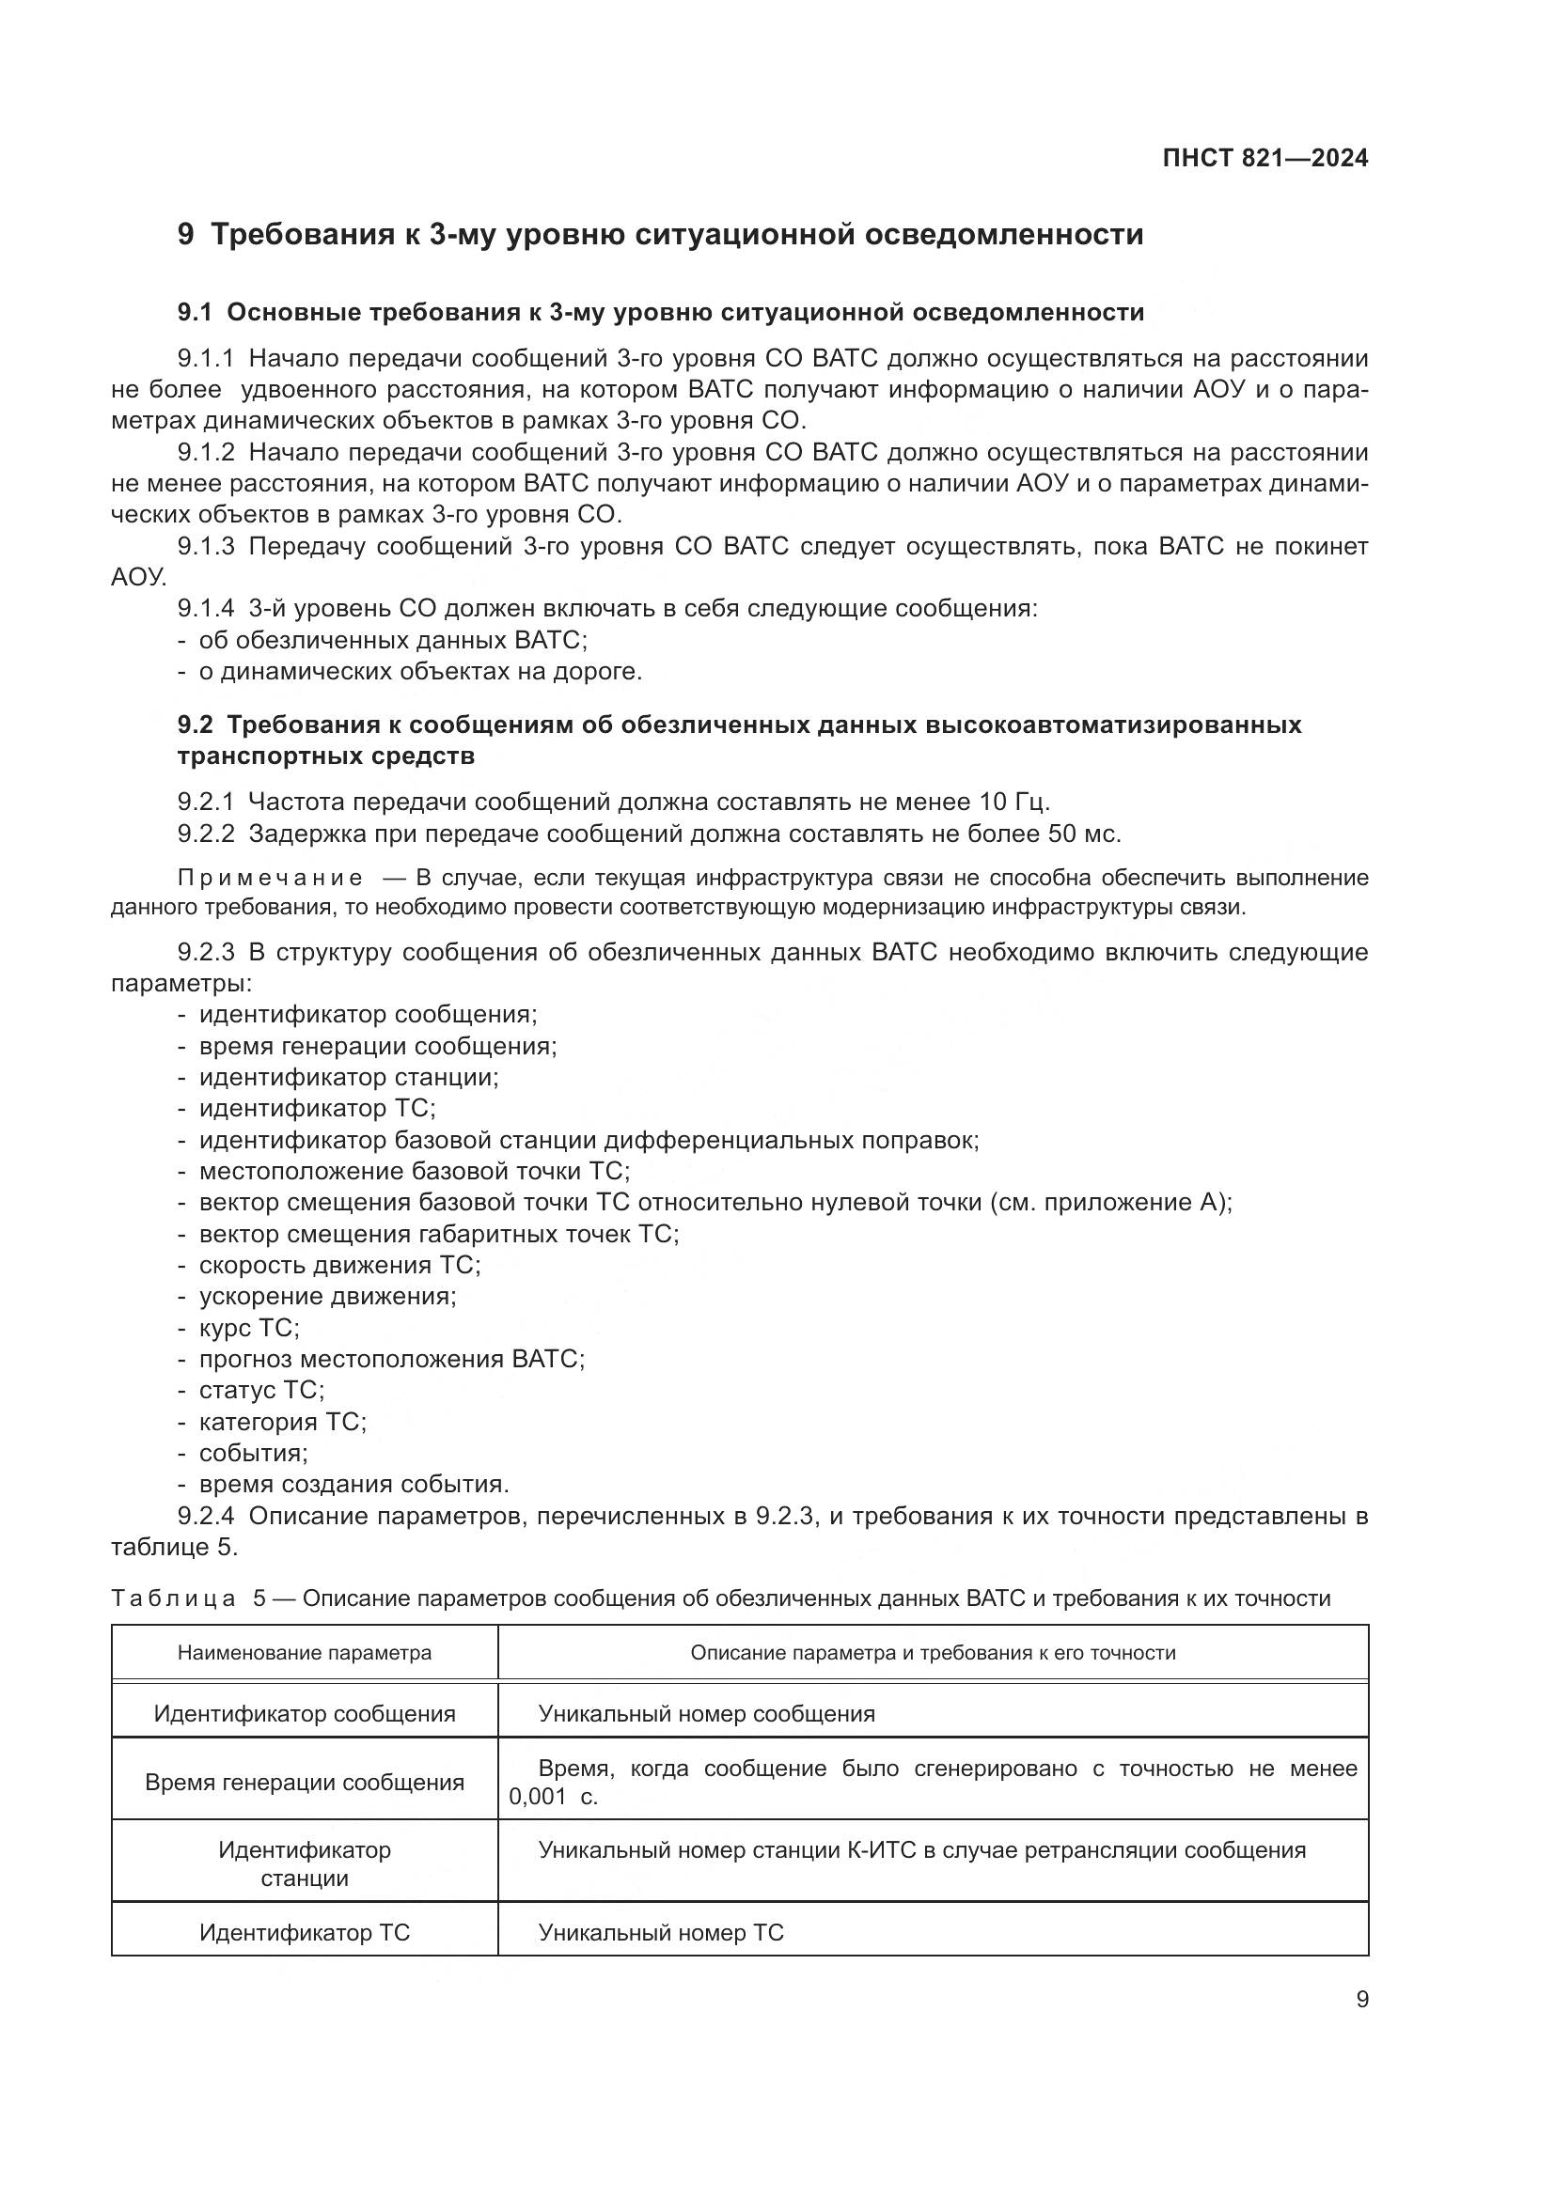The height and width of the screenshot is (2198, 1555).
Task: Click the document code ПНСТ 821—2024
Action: coord(1264,159)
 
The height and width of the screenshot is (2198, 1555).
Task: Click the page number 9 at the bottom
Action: coord(1362,1999)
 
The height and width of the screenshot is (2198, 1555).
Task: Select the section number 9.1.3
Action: coord(206,547)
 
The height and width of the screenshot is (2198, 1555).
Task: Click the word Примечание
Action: coord(270,878)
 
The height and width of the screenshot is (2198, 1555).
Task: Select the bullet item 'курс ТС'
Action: coord(249,1328)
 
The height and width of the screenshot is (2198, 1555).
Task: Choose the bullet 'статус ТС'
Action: coord(261,1390)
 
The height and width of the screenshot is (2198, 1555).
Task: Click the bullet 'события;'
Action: coord(253,1452)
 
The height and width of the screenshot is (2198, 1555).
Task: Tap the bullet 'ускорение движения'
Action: coord(327,1296)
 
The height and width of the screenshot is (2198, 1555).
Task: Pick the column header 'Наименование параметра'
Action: coord(305,1652)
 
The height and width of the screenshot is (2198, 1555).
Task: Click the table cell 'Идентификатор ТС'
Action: coord(305,1932)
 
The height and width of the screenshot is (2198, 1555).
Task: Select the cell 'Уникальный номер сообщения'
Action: coord(707,1713)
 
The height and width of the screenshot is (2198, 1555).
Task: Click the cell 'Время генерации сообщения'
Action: coord(305,1782)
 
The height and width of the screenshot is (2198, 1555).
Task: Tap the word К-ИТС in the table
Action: coord(882,1849)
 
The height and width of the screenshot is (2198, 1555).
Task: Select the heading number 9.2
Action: coord(196,725)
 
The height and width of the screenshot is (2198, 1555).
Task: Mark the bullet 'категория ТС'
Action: coord(282,1422)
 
